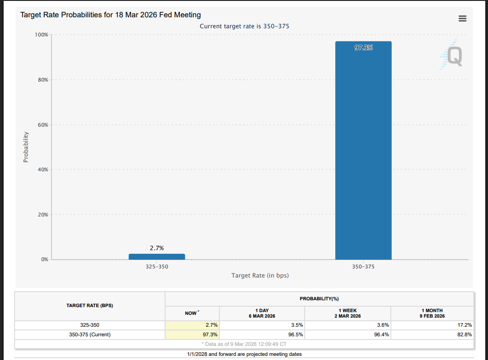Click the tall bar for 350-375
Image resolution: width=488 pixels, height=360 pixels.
tap(363, 150)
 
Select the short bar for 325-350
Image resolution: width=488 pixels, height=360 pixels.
tap(157, 257)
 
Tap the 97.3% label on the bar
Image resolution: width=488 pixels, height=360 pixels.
tap(363, 47)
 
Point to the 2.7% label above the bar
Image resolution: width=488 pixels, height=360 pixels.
tap(157, 248)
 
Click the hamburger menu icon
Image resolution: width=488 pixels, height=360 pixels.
tap(462, 18)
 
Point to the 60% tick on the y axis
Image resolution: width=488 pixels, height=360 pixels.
tap(42, 124)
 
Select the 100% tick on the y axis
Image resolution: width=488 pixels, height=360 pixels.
tap(42, 35)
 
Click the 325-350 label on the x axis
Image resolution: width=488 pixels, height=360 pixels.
tap(157, 267)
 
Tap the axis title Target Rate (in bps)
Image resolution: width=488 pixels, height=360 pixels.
tap(260, 275)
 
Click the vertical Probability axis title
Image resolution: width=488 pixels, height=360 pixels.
tap(26, 147)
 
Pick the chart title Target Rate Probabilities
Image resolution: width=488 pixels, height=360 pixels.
tap(111, 15)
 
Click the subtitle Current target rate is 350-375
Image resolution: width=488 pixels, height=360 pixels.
tap(244, 26)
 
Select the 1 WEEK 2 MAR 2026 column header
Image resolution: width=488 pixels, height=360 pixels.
tap(348, 313)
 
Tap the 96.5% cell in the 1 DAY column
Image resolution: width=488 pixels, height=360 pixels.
tap(296, 334)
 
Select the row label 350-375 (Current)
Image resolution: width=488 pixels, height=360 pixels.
tap(89, 334)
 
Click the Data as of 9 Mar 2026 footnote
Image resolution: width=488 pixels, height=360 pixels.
tap(244, 344)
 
